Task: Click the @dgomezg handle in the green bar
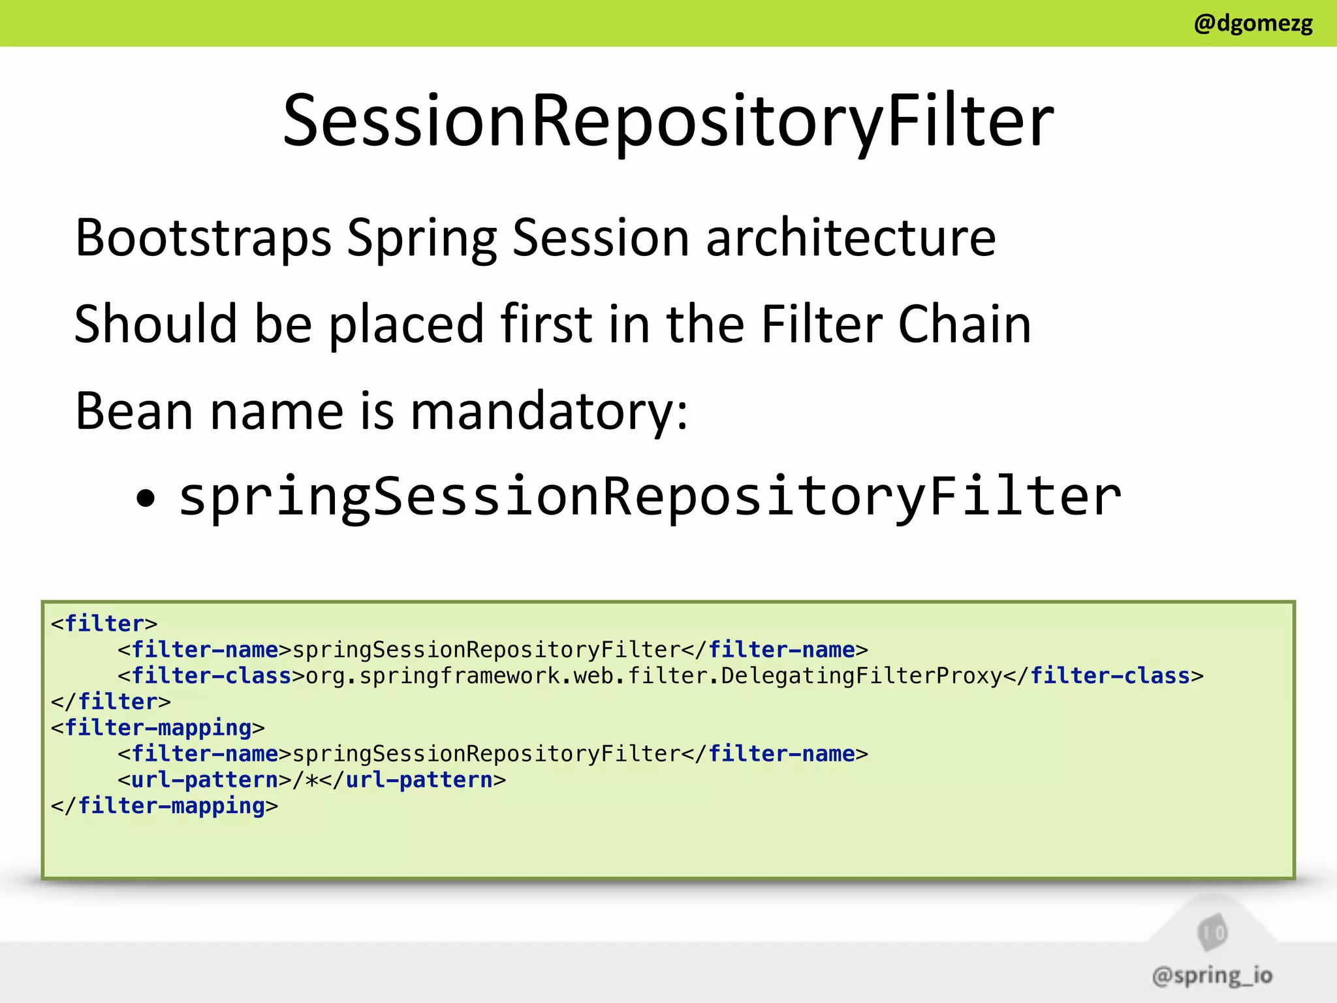click(1253, 24)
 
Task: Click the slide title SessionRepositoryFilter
click(668, 121)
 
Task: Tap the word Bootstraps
click(203, 238)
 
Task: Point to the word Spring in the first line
click(422, 239)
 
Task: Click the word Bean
click(134, 412)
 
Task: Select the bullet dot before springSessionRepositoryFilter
click(146, 500)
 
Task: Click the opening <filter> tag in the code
click(104, 624)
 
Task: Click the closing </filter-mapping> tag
click(165, 806)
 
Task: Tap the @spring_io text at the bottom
click(1212, 976)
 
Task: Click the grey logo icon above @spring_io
click(1212, 932)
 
